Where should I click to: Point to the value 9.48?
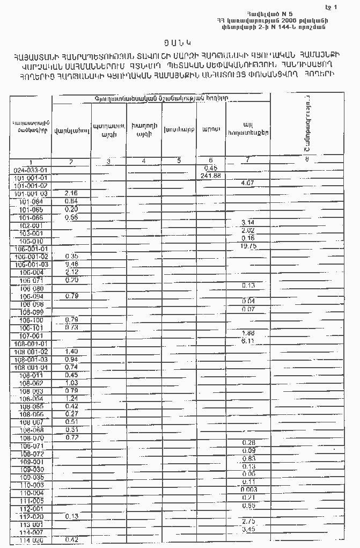tap(71, 264)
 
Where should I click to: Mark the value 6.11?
tap(248, 341)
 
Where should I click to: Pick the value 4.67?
tap(248, 184)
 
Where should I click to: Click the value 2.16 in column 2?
tap(71, 193)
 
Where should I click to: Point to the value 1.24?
tap(71, 398)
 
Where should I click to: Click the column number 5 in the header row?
tap(179, 160)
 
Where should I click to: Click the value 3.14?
tap(248, 222)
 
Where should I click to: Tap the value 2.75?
tap(248, 522)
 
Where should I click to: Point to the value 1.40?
tap(71, 351)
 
